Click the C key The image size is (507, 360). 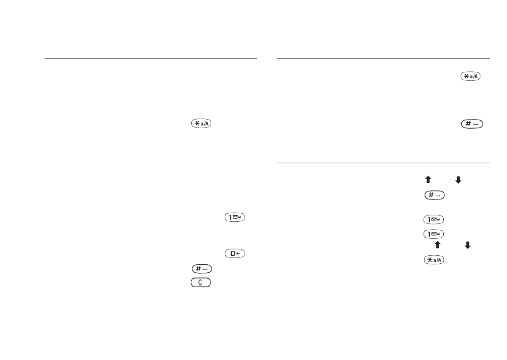[201, 282]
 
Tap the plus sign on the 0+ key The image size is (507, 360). [238, 254]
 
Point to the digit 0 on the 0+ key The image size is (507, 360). [232, 254]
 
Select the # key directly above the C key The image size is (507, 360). [202, 269]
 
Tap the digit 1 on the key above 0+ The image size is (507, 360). [230, 217]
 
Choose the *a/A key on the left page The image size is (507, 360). [201, 123]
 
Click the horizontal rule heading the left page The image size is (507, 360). [151, 59]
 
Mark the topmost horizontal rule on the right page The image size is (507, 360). [383, 59]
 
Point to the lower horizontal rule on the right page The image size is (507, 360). [383, 163]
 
